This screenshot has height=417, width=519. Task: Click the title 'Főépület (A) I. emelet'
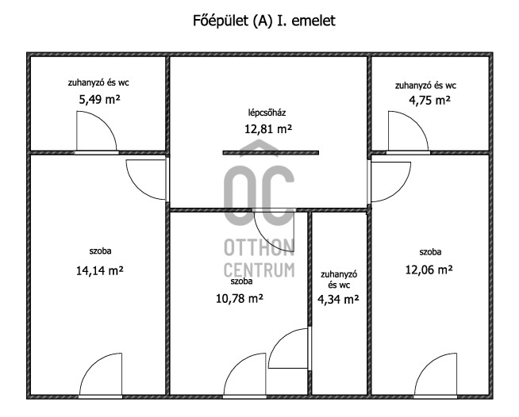263,21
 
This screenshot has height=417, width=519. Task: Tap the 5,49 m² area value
99,99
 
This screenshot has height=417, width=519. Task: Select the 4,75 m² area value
429,100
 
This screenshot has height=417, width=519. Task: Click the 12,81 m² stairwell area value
268,128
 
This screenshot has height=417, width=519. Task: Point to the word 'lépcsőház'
267,113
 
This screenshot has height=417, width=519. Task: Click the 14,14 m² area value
100,270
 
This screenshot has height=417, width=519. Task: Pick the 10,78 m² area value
240,299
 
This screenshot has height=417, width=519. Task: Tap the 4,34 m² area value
338,300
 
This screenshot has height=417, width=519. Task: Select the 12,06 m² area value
429,270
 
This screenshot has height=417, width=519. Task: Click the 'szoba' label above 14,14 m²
100,251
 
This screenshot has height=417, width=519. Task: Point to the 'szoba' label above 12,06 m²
430,252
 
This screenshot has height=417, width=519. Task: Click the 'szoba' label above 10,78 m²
241,281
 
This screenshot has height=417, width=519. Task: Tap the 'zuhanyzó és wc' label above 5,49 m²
98,82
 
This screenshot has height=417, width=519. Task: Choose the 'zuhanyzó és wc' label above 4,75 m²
425,86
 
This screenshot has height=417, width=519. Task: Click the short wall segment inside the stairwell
271,152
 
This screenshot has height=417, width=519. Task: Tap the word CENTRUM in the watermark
259,270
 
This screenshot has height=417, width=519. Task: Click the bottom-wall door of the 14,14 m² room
100,375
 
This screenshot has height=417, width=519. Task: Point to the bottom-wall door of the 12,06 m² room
436,375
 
